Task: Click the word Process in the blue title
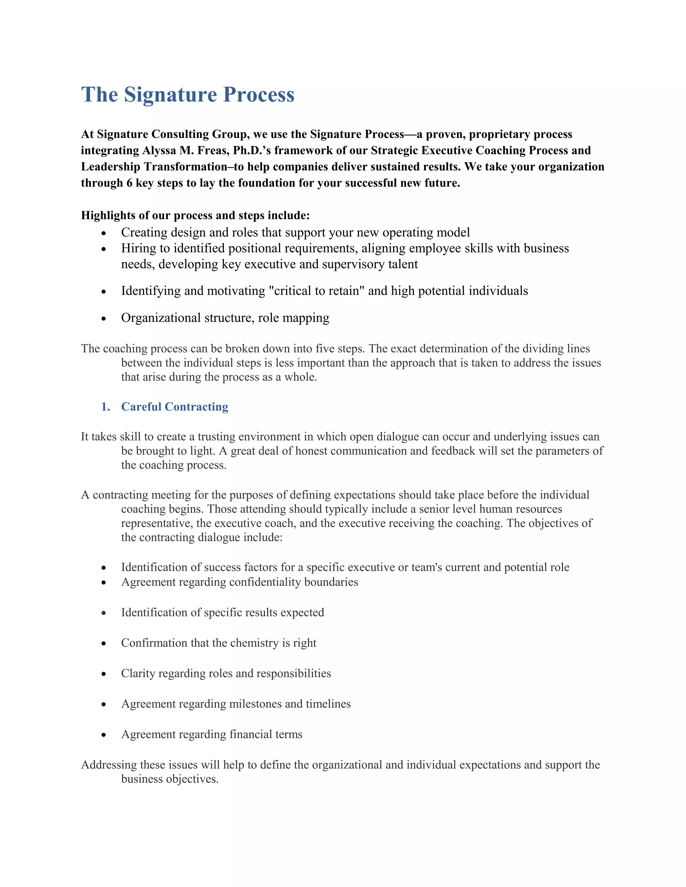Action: pos(259,95)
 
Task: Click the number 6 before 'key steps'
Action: pos(129,183)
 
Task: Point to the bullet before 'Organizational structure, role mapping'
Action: pos(104,319)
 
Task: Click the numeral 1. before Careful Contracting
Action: pos(106,407)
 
